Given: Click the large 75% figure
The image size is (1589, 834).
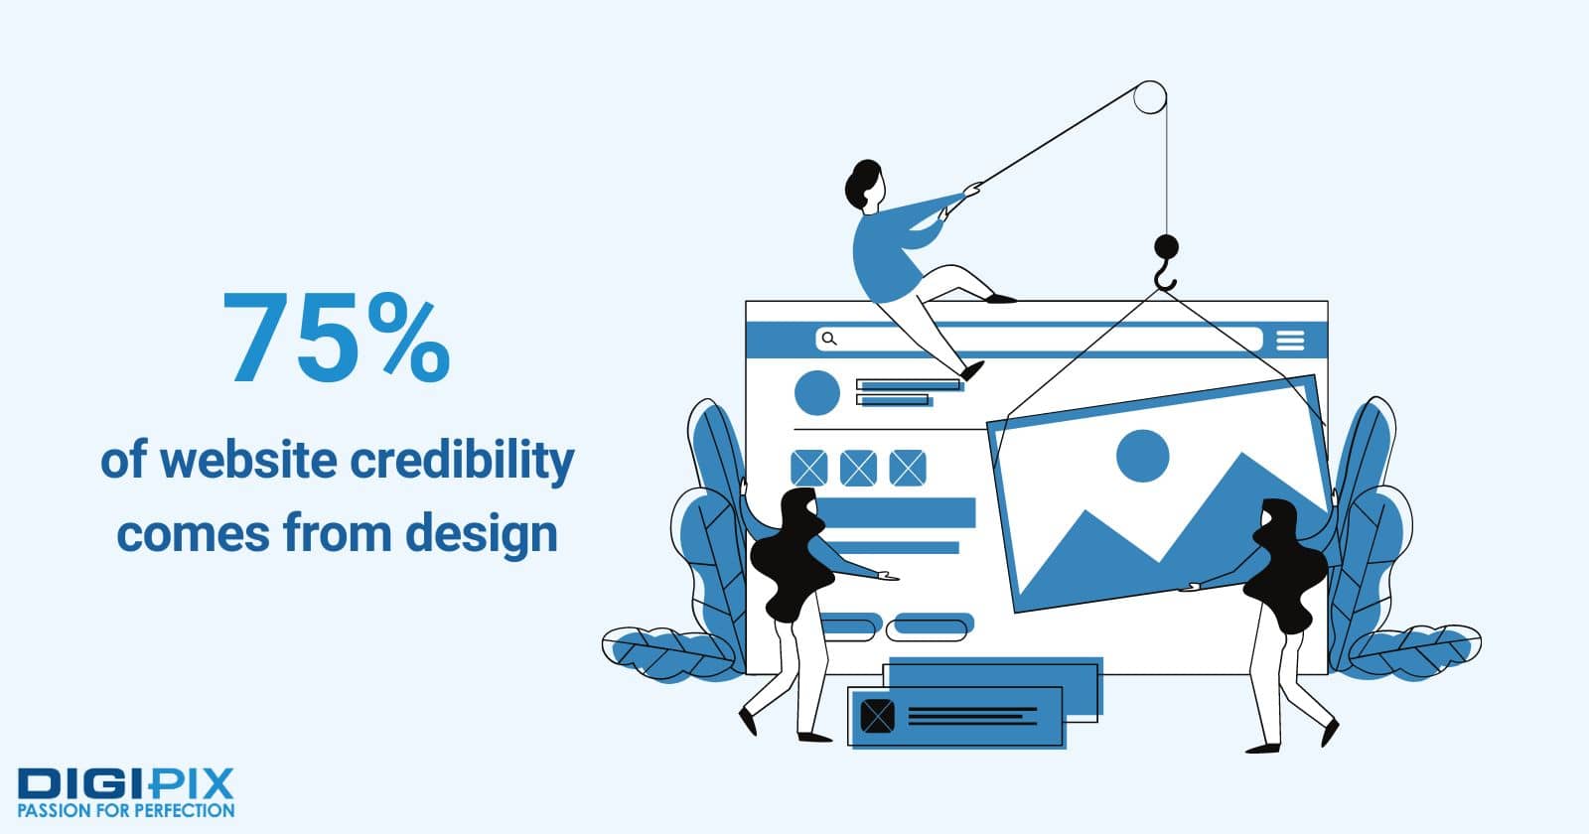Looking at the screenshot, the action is pyautogui.click(x=337, y=338).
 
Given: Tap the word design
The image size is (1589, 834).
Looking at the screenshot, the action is pyautogui.click(x=482, y=535).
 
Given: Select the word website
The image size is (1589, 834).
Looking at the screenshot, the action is pyautogui.click(x=248, y=461).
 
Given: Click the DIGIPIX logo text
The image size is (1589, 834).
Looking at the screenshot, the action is pyautogui.click(x=125, y=783).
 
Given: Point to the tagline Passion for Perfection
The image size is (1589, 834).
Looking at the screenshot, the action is pyautogui.click(x=125, y=810).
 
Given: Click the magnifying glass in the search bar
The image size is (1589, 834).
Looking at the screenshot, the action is pyautogui.click(x=829, y=339).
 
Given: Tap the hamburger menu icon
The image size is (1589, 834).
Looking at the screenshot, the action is pyautogui.click(x=1290, y=341).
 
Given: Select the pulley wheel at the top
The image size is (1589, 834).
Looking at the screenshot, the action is pyautogui.click(x=1150, y=97).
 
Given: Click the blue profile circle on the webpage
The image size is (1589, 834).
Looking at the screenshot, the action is pyautogui.click(x=817, y=392).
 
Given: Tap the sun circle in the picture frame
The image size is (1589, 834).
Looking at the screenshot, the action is pyautogui.click(x=1142, y=456).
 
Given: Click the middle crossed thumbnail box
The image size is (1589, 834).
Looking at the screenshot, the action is pyautogui.click(x=858, y=468).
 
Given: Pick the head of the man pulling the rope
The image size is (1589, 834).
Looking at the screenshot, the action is pyautogui.click(x=865, y=184).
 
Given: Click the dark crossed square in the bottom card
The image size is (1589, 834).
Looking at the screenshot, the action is pyautogui.click(x=878, y=716).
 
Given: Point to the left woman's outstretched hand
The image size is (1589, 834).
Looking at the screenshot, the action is pyautogui.click(x=888, y=577).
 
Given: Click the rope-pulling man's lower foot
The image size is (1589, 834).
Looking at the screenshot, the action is pyautogui.click(x=972, y=370).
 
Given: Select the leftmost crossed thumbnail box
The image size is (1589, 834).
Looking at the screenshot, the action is pyautogui.click(x=808, y=468).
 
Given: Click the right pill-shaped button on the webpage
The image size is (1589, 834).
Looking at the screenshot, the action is pyautogui.click(x=930, y=626).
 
